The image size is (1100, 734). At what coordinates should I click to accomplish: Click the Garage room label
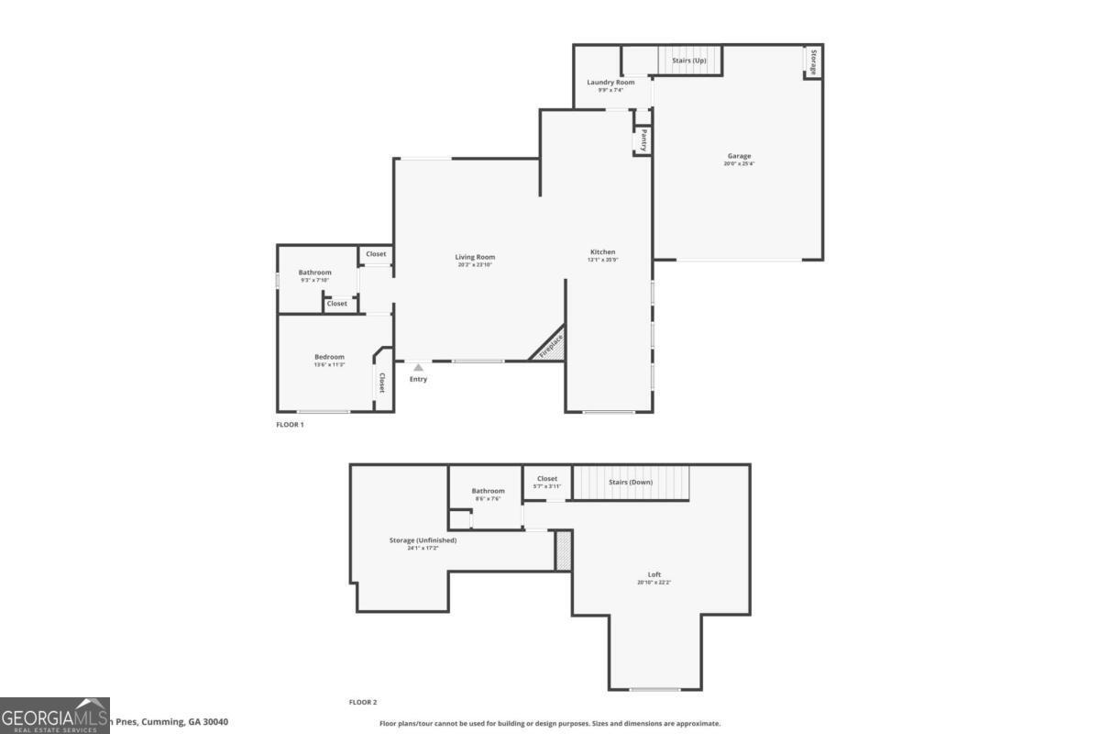[x=739, y=157]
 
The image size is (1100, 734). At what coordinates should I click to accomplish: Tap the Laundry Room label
[x=610, y=83]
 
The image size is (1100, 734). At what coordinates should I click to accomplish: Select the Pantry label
[x=644, y=140]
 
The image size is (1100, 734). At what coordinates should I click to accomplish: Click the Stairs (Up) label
[x=688, y=61]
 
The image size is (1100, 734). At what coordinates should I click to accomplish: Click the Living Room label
[x=475, y=257]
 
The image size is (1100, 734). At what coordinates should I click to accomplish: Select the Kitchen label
[x=602, y=252]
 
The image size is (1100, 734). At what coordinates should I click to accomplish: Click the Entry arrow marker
[x=418, y=368]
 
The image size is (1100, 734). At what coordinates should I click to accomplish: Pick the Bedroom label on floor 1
[x=329, y=357]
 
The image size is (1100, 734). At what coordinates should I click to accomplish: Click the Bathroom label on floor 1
[x=314, y=272]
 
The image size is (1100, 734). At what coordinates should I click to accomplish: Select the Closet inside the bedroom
[x=381, y=383]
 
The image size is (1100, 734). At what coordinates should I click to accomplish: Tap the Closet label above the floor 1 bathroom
[x=376, y=254]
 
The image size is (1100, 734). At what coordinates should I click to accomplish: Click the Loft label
[x=654, y=575]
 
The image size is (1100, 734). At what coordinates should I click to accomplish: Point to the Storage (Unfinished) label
[x=423, y=540]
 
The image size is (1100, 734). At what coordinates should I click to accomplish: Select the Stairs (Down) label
[x=631, y=482]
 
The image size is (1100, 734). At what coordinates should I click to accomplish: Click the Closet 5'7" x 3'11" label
[x=547, y=479]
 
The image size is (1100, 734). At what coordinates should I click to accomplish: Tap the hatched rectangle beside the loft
[x=563, y=550]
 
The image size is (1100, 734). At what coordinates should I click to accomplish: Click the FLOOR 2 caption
[x=362, y=702]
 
